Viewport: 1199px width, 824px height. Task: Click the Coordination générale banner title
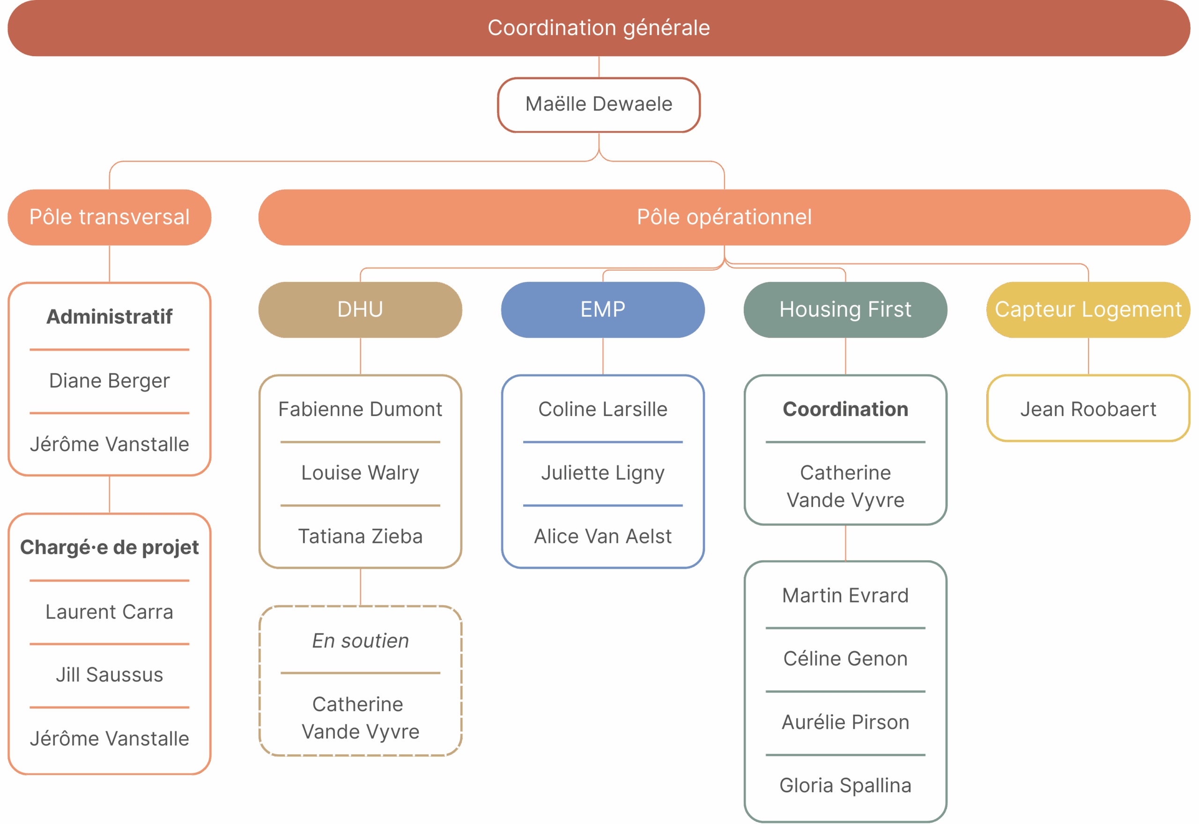click(599, 28)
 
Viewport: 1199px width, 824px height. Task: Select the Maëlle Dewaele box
click(599, 104)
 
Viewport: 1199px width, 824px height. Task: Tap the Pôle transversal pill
click(110, 217)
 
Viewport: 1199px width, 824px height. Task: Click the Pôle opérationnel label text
click(724, 217)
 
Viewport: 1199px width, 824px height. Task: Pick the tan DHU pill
click(360, 309)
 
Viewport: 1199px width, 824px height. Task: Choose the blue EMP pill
click(603, 309)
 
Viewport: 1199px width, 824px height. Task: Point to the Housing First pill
click(845, 309)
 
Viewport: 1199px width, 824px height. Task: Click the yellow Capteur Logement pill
click(1088, 309)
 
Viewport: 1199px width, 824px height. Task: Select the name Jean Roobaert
click(1088, 409)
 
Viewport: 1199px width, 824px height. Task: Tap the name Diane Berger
click(110, 380)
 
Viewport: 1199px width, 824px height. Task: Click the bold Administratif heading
click(110, 317)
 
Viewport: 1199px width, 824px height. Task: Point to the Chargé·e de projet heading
click(110, 547)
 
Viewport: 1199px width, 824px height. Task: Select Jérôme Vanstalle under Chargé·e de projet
click(110, 738)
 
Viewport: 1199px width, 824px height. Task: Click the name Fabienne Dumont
click(360, 409)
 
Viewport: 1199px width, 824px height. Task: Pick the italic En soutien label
click(360, 641)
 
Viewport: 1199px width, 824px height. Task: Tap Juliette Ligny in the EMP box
click(603, 472)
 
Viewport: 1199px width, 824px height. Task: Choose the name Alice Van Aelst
click(603, 536)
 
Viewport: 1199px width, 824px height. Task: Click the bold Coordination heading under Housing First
click(845, 409)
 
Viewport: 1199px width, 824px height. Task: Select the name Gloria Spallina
click(845, 785)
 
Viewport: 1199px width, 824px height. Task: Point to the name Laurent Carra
click(110, 612)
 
